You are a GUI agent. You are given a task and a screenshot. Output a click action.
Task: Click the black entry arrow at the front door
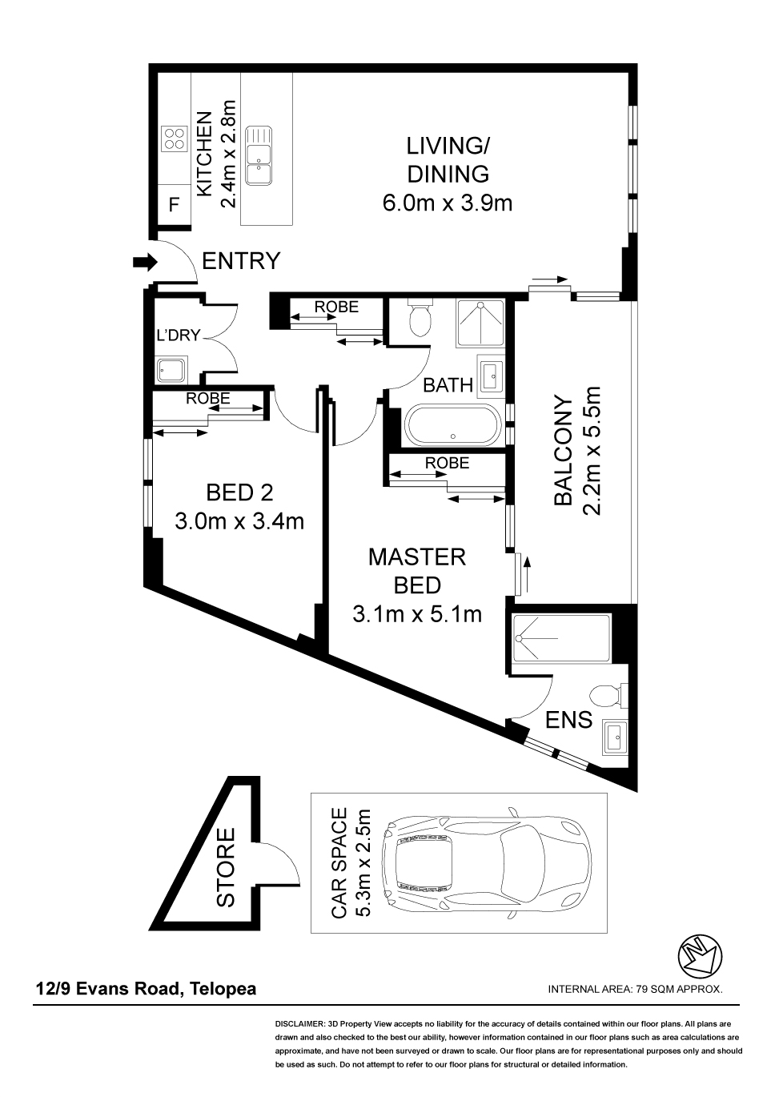click(x=145, y=263)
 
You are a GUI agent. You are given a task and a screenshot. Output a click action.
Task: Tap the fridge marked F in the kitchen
click(x=175, y=205)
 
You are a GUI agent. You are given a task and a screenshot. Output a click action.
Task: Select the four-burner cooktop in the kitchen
click(x=175, y=138)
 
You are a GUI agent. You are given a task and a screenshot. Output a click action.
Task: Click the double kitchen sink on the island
click(x=259, y=155)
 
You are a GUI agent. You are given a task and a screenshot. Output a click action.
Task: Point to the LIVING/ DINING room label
click(x=448, y=159)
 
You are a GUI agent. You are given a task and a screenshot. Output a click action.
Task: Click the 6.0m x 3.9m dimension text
click(x=447, y=203)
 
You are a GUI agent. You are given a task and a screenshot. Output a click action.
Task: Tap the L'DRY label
click(x=179, y=335)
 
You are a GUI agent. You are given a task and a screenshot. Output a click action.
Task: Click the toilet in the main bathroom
click(x=420, y=319)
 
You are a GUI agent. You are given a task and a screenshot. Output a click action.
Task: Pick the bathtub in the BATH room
click(x=453, y=425)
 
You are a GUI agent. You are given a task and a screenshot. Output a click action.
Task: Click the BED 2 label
click(x=239, y=492)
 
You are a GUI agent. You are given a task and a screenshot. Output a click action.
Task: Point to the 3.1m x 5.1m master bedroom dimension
click(x=417, y=613)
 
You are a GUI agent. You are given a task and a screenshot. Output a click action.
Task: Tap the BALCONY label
click(x=563, y=451)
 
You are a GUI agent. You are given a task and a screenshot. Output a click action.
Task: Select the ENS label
click(x=568, y=720)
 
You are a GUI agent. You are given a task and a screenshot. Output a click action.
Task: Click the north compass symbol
click(x=700, y=955)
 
